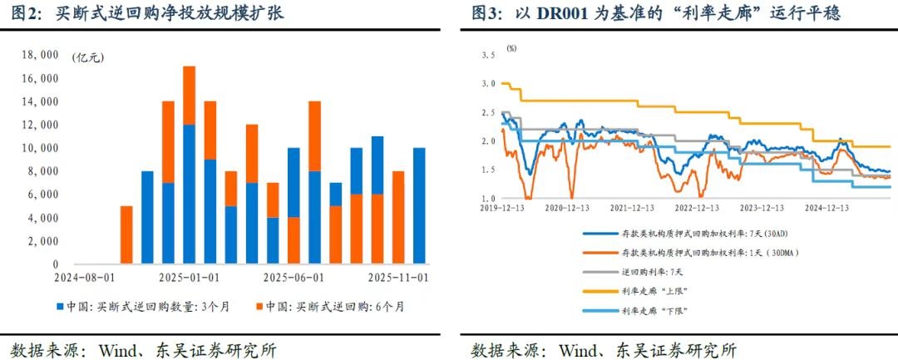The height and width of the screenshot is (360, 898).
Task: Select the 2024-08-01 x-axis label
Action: point(85,277)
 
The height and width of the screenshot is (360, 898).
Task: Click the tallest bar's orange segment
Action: point(189,95)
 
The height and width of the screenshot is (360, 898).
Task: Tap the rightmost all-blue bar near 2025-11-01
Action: point(419,205)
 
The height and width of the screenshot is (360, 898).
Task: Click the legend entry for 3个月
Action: point(142,307)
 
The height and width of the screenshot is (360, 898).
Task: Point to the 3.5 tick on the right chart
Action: point(488,55)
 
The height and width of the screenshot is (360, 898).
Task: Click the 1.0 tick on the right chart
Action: point(488,199)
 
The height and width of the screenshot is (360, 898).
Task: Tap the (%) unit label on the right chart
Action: point(511,48)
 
